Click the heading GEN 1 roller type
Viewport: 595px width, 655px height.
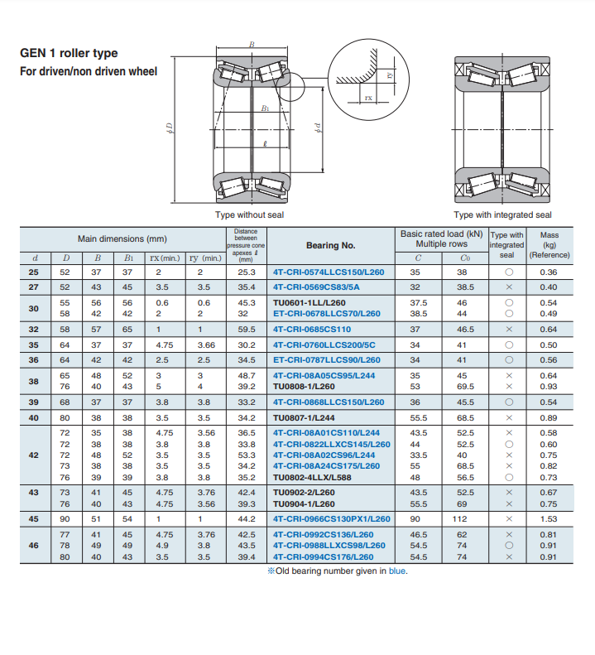pyautogui.click(x=69, y=53)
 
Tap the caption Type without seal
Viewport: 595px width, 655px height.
pyautogui.click(x=249, y=214)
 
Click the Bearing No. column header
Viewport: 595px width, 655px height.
pyautogui.click(x=330, y=245)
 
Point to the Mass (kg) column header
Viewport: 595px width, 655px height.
pyautogui.click(x=549, y=244)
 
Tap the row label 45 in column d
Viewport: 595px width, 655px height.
pyautogui.click(x=33, y=518)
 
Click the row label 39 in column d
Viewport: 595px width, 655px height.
pyautogui.click(x=33, y=402)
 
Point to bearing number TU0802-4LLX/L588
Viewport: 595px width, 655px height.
pyautogui.click(x=319, y=477)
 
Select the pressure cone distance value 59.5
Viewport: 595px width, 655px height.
pyautogui.click(x=247, y=329)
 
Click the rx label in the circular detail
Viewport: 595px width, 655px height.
pyautogui.click(x=369, y=99)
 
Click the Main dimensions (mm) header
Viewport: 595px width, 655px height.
pyautogui.click(x=122, y=238)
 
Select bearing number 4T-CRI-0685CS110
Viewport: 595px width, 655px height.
pyautogui.click(x=312, y=329)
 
